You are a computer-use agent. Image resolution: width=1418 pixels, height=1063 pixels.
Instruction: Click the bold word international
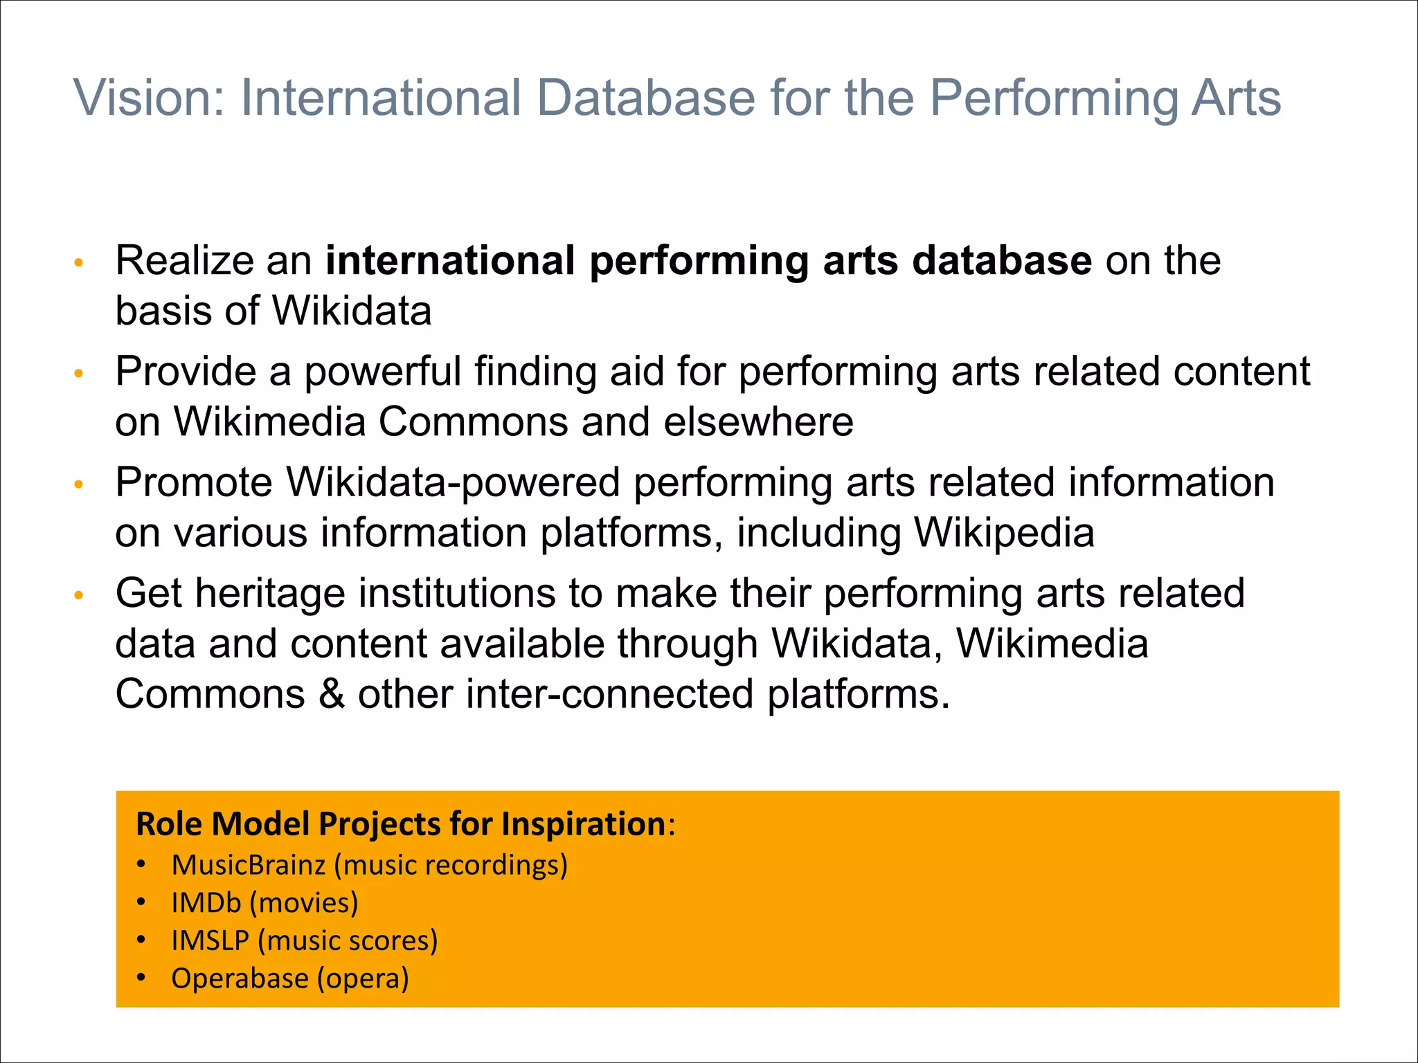450,261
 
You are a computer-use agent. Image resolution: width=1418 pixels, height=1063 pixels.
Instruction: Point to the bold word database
1002,261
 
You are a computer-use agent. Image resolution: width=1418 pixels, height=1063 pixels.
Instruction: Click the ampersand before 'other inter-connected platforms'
332,694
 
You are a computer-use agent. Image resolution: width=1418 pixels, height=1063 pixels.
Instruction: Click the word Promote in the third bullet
194,482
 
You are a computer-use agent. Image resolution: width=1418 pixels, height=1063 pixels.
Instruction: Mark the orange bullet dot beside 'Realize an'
79,263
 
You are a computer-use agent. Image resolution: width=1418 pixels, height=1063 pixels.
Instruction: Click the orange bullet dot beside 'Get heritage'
79,595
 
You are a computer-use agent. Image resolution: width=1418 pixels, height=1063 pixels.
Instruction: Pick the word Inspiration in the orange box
583,824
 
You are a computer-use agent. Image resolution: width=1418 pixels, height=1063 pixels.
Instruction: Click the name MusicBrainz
249,865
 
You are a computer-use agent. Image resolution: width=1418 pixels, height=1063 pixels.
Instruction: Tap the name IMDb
206,903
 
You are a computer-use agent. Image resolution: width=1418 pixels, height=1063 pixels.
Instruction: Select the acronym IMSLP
210,941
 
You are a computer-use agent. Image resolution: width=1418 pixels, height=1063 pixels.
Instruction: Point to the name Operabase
240,979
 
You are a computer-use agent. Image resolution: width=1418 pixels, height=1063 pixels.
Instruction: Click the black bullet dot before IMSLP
141,940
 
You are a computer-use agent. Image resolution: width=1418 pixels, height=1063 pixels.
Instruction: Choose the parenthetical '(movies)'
304,903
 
